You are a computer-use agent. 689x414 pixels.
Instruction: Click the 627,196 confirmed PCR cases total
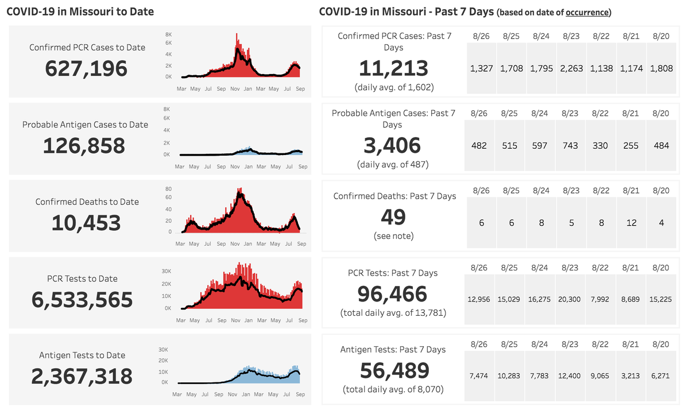point(86,69)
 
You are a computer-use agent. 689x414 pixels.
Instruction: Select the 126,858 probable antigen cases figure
point(84,146)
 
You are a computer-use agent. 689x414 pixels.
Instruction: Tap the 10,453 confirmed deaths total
point(86,223)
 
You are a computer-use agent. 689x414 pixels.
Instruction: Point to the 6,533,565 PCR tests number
point(82,300)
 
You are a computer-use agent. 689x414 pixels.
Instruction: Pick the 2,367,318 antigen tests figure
point(82,377)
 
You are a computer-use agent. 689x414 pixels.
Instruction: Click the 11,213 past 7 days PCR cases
point(394,69)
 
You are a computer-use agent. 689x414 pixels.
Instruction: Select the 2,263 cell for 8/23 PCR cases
point(571,68)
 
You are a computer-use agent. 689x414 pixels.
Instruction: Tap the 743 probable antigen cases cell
point(571,146)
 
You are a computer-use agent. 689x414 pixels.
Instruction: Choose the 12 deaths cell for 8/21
point(632,223)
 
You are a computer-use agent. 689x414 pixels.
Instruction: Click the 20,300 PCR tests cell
point(571,299)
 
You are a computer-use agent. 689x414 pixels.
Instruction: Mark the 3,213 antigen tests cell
point(632,376)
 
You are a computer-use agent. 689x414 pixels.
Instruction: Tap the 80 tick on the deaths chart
point(168,188)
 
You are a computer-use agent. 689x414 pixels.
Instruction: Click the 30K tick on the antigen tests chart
point(163,349)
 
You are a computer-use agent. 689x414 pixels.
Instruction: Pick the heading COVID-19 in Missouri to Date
point(80,11)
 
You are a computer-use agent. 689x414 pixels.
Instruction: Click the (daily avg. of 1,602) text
point(394,87)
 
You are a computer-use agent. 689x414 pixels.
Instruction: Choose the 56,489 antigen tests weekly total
point(394,370)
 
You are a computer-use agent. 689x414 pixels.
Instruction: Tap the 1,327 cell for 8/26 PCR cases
point(481,68)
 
